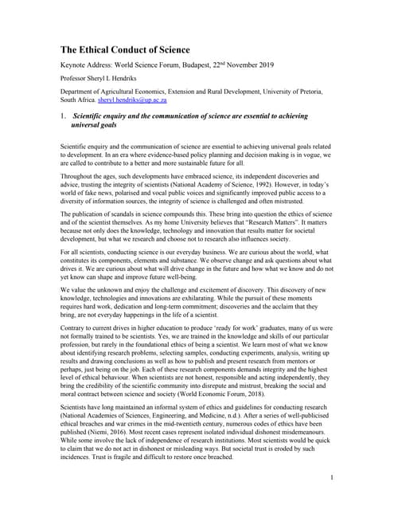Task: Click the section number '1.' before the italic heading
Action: tap(64, 116)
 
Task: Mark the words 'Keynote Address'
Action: tap(89, 65)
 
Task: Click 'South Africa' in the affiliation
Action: tap(79, 102)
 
